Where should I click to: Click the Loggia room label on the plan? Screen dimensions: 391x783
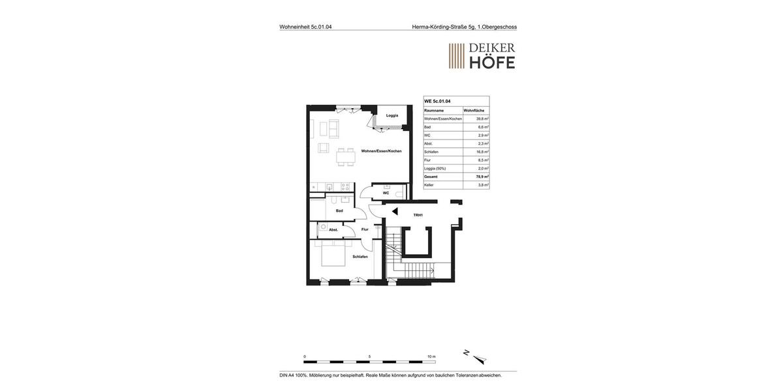(392, 115)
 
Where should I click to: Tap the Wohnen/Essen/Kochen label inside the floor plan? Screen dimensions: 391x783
(382, 151)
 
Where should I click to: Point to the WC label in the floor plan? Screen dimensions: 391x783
(386, 193)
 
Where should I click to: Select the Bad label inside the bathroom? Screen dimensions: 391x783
(339, 210)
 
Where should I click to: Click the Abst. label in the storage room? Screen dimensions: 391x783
(333, 229)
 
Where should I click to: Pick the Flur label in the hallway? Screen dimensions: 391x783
(365, 229)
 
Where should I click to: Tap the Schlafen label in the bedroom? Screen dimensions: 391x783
(360, 257)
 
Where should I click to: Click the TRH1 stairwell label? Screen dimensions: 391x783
(418, 215)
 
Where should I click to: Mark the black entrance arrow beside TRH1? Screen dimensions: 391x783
(395, 211)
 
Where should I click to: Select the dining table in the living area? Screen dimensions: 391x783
(346, 157)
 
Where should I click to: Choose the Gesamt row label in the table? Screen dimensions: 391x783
(431, 177)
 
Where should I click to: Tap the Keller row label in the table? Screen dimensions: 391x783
(429, 185)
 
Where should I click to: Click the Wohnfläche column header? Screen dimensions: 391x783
(474, 111)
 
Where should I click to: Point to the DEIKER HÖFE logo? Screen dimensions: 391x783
(482, 56)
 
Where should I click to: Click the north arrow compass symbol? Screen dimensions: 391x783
(476, 357)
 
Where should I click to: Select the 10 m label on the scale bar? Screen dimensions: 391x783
(431, 356)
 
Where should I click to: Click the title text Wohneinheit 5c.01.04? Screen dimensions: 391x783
(305, 27)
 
